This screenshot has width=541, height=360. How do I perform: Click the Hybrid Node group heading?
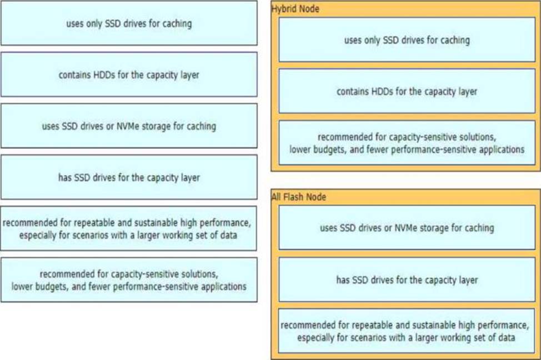[x=295, y=9]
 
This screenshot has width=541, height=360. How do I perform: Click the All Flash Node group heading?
[x=299, y=197]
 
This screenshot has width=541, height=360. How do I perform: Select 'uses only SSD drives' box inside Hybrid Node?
[x=407, y=39]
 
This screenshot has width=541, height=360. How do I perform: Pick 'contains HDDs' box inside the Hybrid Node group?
[x=407, y=91]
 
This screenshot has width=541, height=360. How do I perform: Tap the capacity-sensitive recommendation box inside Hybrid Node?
[x=407, y=143]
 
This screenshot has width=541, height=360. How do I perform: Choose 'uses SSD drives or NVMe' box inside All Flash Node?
[x=407, y=228]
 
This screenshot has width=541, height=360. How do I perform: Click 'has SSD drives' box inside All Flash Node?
[x=407, y=279]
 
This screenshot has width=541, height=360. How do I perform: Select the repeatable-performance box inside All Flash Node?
[x=407, y=331]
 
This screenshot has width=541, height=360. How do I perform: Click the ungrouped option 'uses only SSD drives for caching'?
[x=129, y=23]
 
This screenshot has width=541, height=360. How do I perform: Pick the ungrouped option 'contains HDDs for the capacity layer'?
[x=129, y=74]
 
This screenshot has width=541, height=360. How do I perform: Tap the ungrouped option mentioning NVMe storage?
[x=129, y=126]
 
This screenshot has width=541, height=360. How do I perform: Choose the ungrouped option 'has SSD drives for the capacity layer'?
[x=129, y=177]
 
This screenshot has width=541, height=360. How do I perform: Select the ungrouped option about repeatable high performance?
[x=128, y=228]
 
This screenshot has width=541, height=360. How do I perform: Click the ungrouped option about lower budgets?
[x=129, y=280]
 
